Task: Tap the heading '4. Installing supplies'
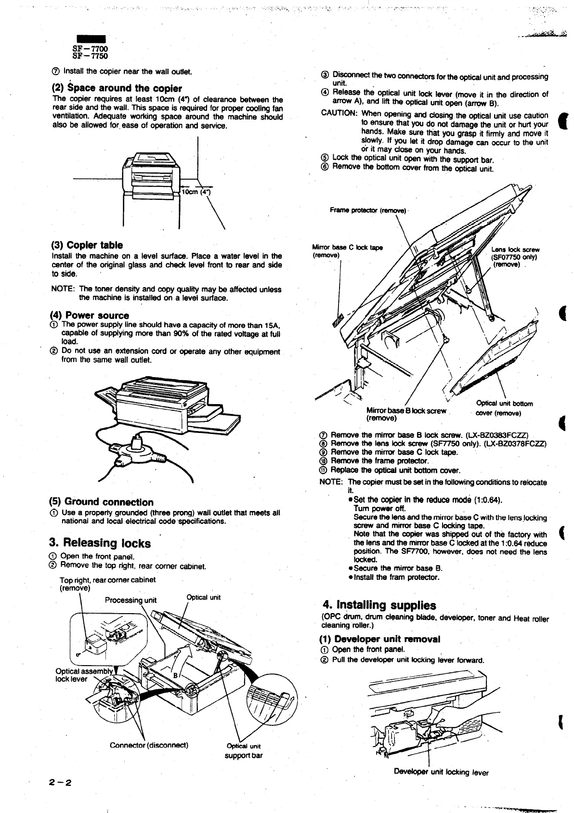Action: pos(379,605)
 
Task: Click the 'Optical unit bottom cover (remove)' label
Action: pos(504,408)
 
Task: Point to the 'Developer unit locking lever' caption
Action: pos(441,773)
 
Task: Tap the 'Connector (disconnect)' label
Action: pos(149,745)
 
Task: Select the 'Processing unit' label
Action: pos(131,600)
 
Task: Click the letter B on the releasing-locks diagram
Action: pos(176,675)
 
